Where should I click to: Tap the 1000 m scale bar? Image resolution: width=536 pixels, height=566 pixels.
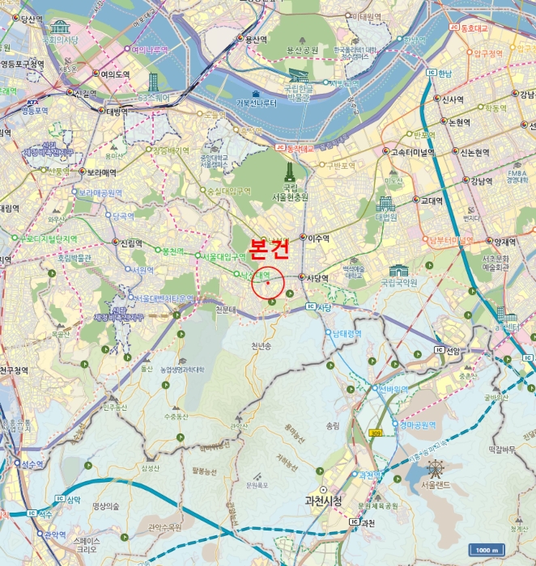tap(487, 549)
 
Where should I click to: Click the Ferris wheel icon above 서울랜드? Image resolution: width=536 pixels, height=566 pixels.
tap(436, 467)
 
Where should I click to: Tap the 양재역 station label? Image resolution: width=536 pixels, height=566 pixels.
tap(504, 241)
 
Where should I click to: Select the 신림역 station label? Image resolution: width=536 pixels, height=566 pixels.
tap(130, 242)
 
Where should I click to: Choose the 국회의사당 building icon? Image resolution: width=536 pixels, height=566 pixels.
tap(59, 27)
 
